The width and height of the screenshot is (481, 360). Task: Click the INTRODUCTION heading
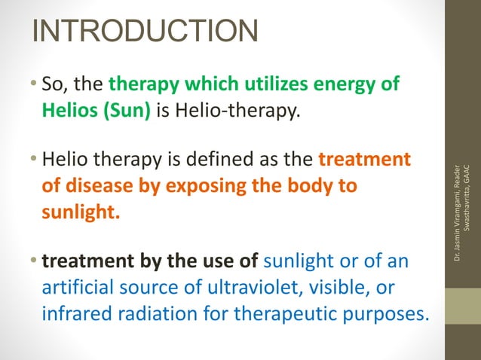(145, 31)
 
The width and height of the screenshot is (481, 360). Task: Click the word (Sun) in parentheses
(128, 112)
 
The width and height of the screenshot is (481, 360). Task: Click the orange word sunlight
(80, 212)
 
